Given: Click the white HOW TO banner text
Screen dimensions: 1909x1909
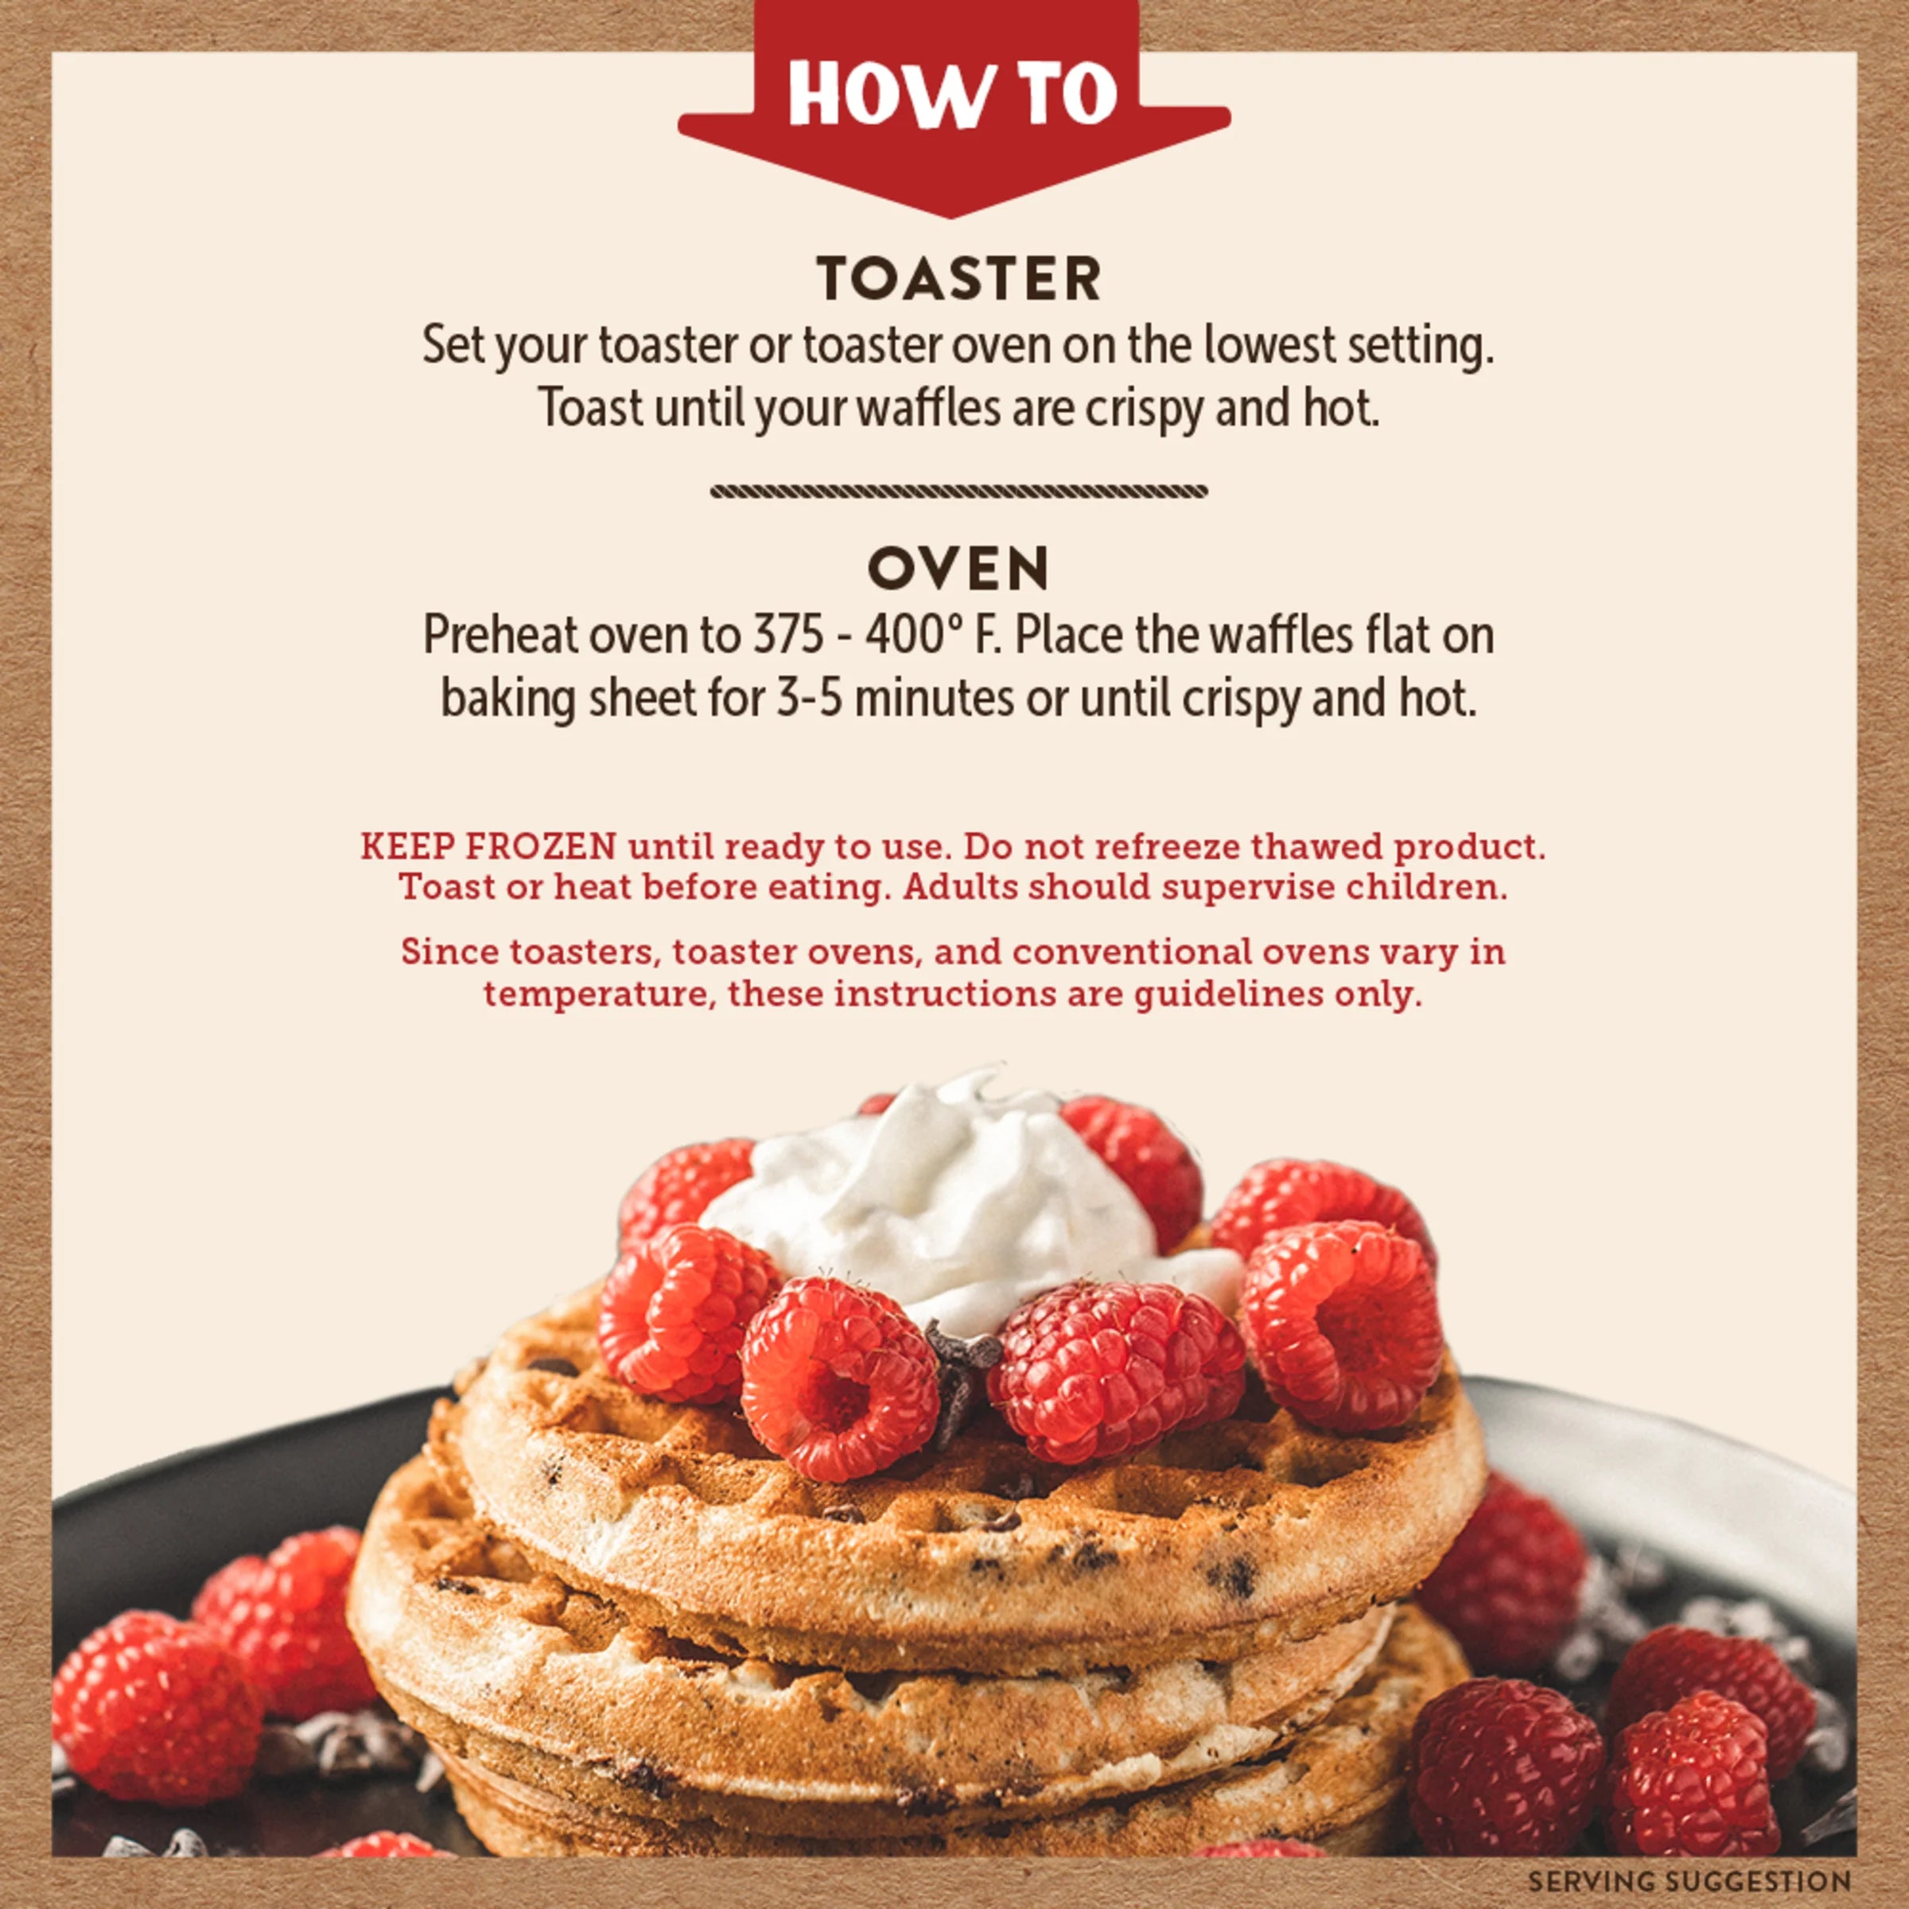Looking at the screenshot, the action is (953, 95).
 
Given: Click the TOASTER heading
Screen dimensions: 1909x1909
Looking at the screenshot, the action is (958, 280).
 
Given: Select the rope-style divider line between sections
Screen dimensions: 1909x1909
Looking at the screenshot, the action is (958, 491).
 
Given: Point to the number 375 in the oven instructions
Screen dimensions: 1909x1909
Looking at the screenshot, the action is (788, 636).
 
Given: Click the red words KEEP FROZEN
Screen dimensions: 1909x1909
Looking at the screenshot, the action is (488, 847).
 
